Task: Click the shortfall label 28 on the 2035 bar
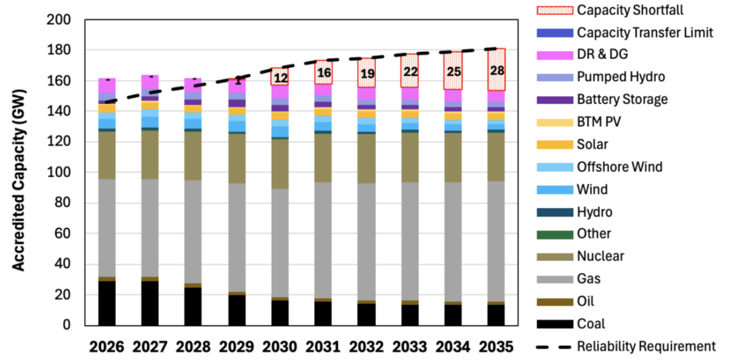(497, 70)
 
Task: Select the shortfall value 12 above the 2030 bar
(281, 78)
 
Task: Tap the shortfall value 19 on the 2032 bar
(367, 74)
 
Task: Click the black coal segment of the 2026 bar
(107, 303)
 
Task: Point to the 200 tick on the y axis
(59, 20)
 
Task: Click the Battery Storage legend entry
(622, 99)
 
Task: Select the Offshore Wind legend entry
(619, 167)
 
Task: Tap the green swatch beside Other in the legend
(554, 234)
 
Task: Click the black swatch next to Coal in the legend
(554, 324)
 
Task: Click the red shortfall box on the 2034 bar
(453, 70)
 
